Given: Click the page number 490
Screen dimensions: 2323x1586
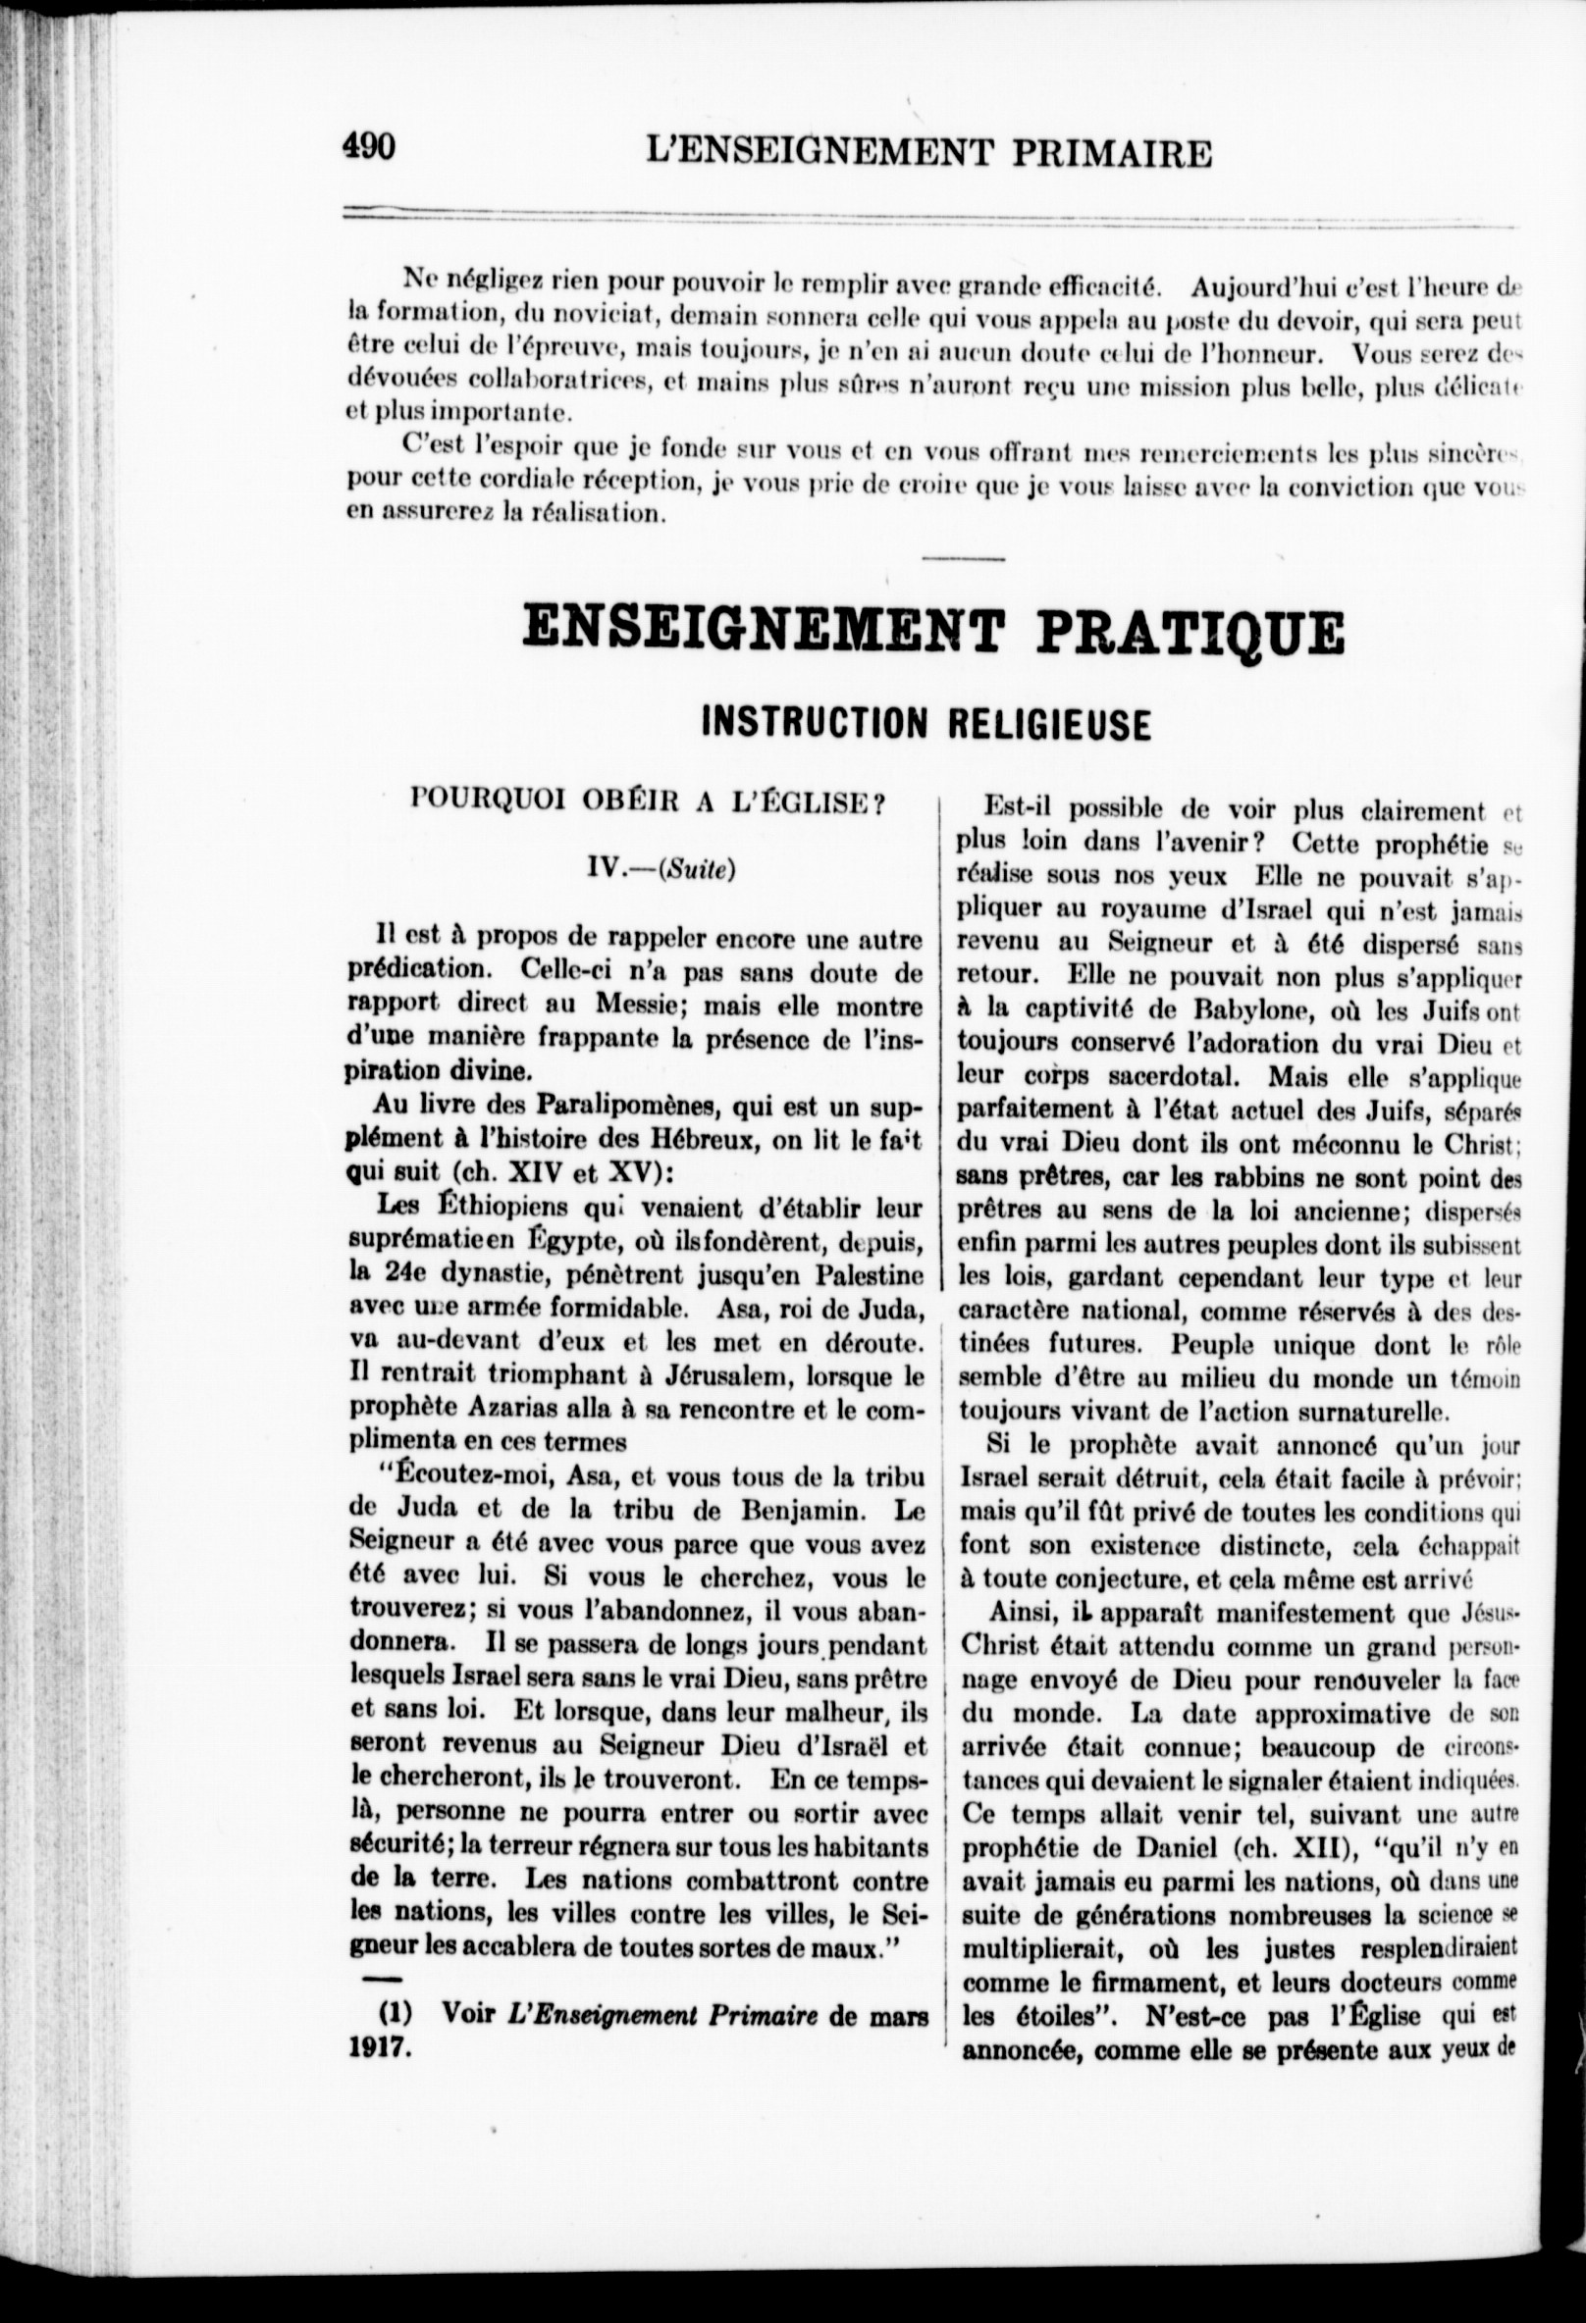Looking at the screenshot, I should point(369,147).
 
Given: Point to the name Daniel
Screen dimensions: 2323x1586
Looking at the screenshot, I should point(1160,1847).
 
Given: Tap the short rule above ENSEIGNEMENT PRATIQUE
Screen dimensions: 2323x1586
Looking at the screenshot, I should point(962,559).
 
